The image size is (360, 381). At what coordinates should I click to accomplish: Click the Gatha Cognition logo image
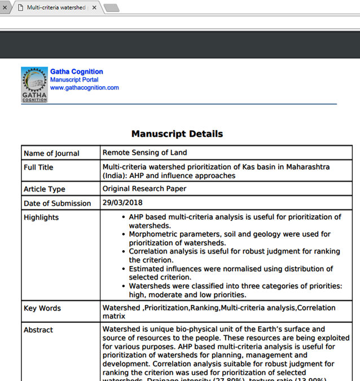pyautogui.click(x=34, y=85)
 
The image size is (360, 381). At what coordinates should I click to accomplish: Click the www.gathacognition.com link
pyautogui.click(x=84, y=88)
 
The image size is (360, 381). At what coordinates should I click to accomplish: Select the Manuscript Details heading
pyautogui.click(x=177, y=134)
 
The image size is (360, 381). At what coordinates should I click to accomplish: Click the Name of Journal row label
pyautogui.click(x=51, y=153)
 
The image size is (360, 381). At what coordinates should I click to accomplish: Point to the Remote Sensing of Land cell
pyautogui.click(x=144, y=153)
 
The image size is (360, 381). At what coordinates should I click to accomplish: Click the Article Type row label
pyautogui.click(x=45, y=189)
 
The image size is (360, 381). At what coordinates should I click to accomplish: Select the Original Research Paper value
pyautogui.click(x=144, y=189)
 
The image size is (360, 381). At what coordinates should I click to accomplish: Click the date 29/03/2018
pyautogui.click(x=122, y=203)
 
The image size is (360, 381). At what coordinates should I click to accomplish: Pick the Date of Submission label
pyautogui.click(x=57, y=203)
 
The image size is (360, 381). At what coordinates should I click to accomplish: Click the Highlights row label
pyautogui.click(x=41, y=218)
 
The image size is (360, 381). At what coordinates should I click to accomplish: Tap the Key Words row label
pyautogui.click(x=42, y=308)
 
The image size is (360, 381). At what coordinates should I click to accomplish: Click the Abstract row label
pyautogui.click(x=38, y=330)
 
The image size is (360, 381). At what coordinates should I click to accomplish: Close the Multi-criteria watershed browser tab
pyautogui.click(x=94, y=8)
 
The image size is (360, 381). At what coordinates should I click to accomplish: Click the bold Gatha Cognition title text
pyautogui.click(x=77, y=72)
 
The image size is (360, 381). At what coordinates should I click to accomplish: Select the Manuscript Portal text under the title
pyautogui.click(x=74, y=80)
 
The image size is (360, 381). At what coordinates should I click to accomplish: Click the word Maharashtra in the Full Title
pyautogui.click(x=308, y=167)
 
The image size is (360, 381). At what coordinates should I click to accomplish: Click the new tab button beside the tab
pyautogui.click(x=111, y=8)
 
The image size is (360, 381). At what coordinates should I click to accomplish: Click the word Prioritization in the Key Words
pyautogui.click(x=166, y=308)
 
